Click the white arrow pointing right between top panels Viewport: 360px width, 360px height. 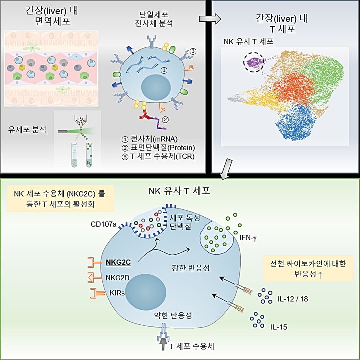click(207, 19)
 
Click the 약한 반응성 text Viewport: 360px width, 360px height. click(172, 316)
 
